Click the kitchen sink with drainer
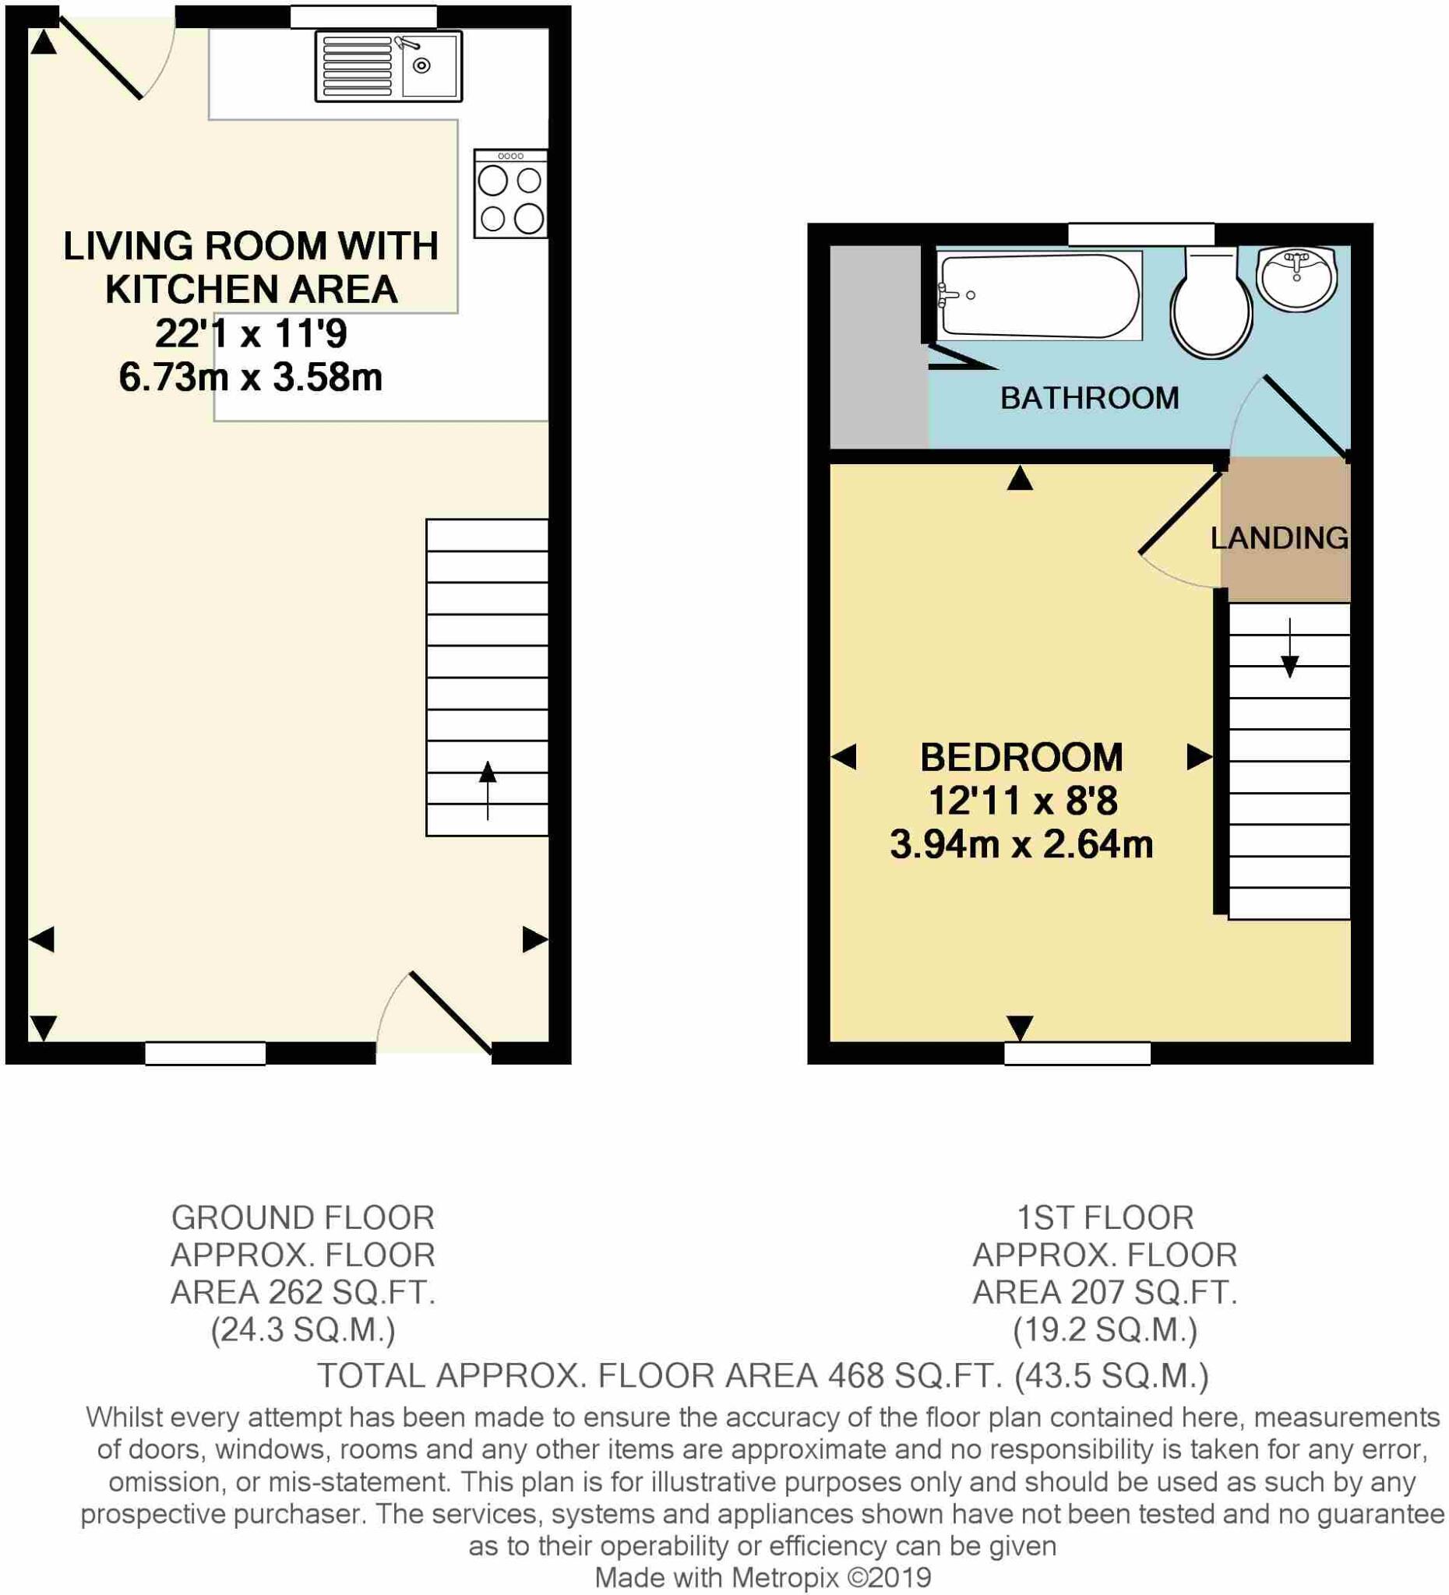(388, 66)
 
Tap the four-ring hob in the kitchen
(510, 195)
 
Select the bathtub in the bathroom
(1039, 295)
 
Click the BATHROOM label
(1089, 398)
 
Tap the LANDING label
(1279, 539)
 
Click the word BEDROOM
(1021, 758)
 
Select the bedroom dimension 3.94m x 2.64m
(1021, 845)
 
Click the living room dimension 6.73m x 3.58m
(251, 378)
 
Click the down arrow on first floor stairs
(1289, 649)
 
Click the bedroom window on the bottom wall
(1077, 1053)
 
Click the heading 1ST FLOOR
(1105, 1218)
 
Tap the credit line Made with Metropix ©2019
(762, 1578)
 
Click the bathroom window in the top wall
(1141, 234)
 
